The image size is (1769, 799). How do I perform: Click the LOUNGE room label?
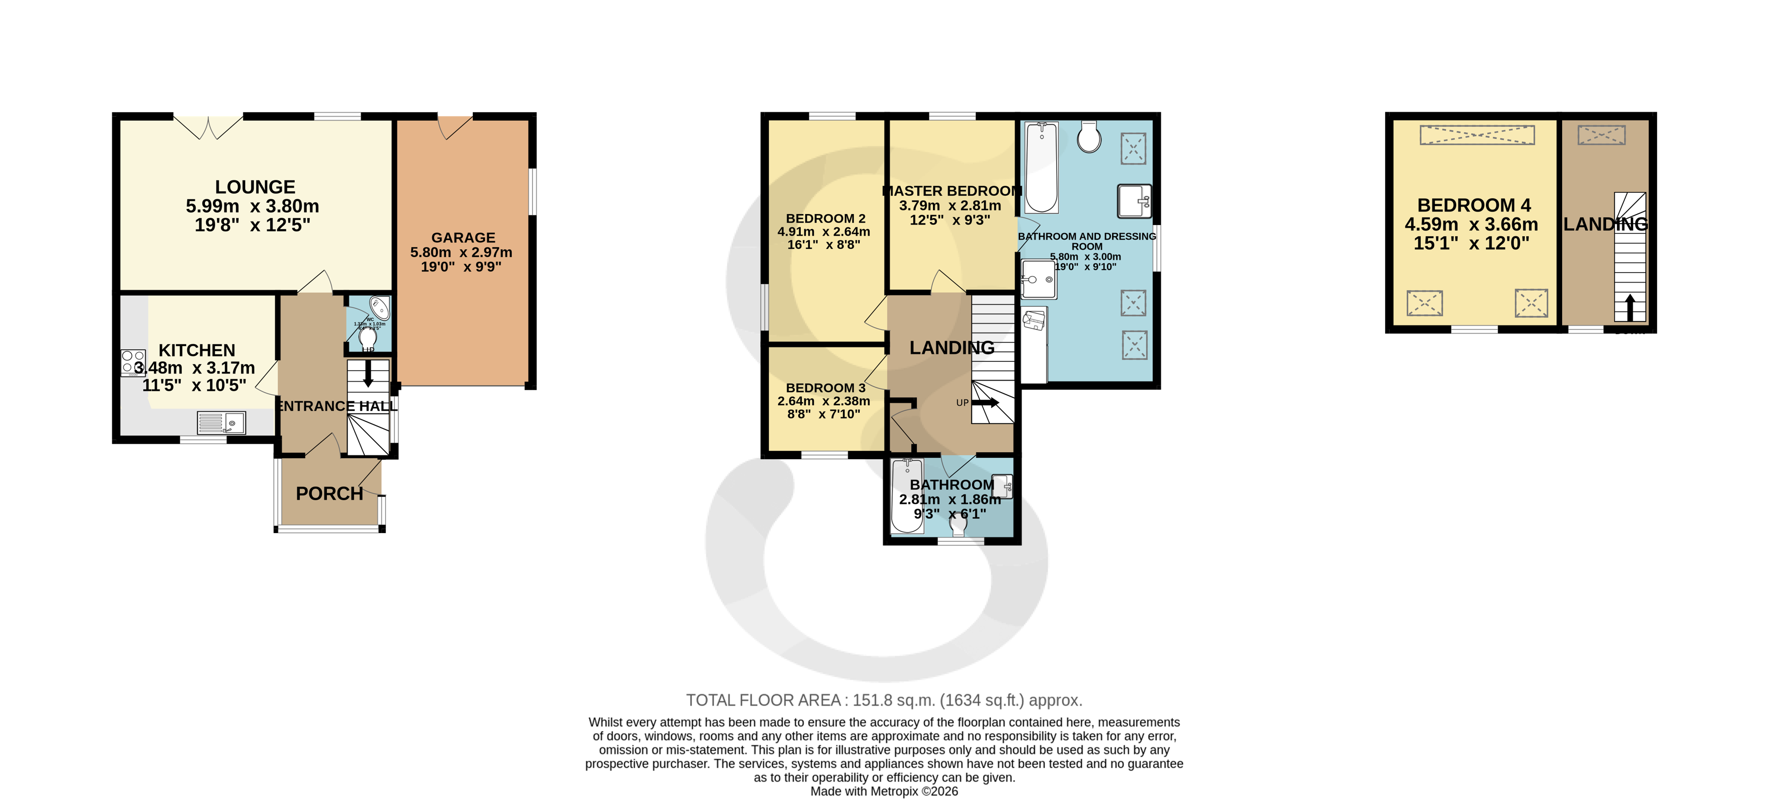(x=255, y=187)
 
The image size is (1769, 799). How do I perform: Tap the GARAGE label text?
(x=463, y=238)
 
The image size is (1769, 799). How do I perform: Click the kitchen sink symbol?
(x=221, y=422)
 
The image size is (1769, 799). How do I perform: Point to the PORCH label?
(x=329, y=493)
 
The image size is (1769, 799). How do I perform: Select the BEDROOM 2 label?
(x=825, y=219)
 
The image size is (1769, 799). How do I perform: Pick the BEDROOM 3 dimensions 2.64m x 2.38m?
(x=823, y=401)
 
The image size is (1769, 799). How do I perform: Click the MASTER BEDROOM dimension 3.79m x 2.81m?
(x=950, y=205)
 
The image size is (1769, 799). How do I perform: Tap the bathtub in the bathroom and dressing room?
(x=1041, y=167)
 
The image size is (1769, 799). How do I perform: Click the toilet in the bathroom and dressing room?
(x=1088, y=137)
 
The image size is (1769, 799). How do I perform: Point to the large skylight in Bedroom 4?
(x=1476, y=135)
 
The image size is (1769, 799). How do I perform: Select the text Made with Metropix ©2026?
(x=884, y=791)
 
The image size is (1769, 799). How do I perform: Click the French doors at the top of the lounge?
(x=208, y=126)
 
